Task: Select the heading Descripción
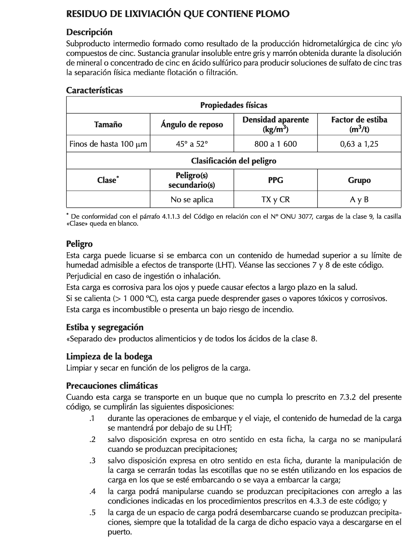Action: [89, 32]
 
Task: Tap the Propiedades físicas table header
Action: [233, 105]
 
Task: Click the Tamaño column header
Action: [108, 124]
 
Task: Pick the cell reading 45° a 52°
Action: [192, 144]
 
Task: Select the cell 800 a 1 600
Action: [275, 144]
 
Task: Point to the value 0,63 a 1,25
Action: [359, 144]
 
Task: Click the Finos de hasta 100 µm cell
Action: [108, 144]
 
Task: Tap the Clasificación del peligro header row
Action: [233, 161]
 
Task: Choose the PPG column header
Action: [275, 180]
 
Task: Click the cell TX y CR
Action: [275, 199]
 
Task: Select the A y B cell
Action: [359, 199]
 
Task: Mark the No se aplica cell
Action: [192, 199]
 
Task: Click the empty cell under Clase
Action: [108, 199]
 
